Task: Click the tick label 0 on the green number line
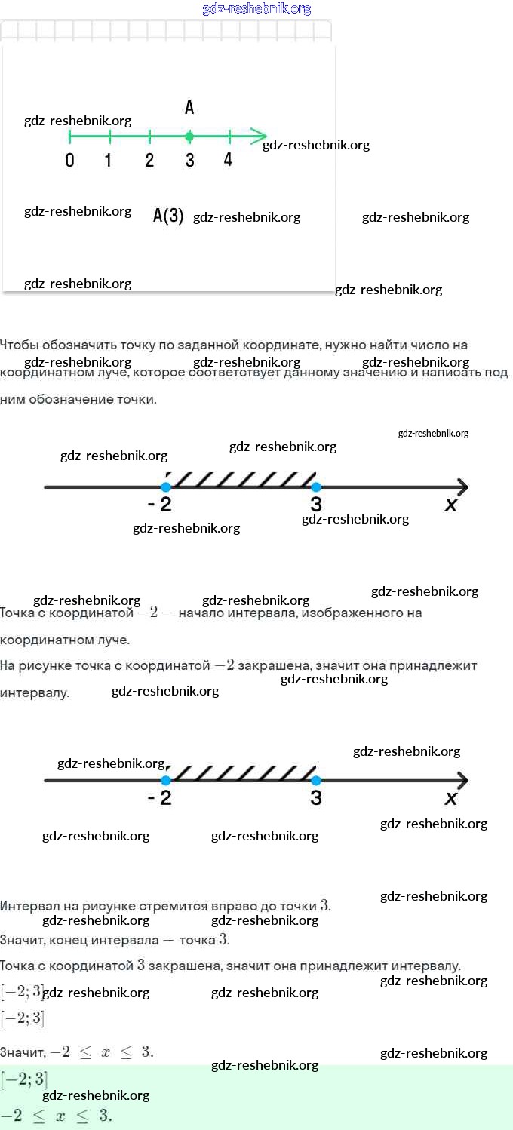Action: coord(69,161)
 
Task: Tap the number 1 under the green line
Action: coord(109,161)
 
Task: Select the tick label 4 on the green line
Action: coord(228,161)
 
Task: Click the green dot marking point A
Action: coord(189,137)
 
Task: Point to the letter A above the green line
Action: coord(189,108)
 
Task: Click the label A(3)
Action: coord(168,216)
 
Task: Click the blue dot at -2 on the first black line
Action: coord(166,487)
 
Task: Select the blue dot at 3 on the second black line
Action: coord(316,780)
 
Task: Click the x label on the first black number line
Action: coord(451,505)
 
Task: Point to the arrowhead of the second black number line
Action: coord(461,780)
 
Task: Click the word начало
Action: coord(202,613)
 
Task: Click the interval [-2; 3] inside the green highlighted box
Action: coord(23,1079)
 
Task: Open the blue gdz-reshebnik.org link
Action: coord(256,9)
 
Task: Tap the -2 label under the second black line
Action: coord(160,798)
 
